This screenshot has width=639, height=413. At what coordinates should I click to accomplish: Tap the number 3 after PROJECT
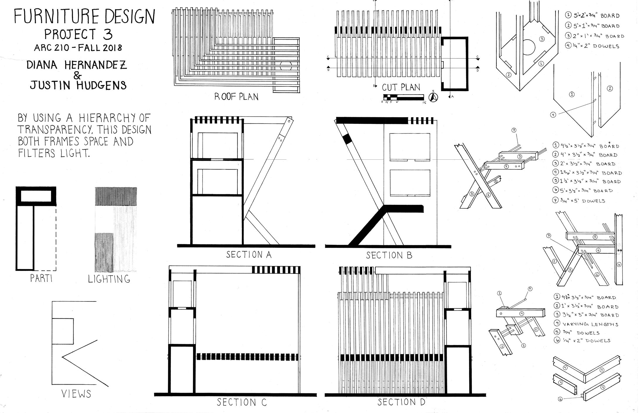[108, 35]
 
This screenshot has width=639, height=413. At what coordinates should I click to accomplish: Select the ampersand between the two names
[77, 76]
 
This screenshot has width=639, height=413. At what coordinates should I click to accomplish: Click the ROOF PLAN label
[236, 97]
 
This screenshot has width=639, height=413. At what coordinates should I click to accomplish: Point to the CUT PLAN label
[401, 87]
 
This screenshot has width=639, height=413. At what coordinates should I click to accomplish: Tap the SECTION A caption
[249, 255]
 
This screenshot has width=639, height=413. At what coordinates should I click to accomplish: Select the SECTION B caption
[389, 255]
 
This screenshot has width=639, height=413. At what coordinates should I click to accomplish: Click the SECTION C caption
[242, 402]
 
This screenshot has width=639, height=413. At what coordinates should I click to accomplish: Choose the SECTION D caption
[401, 402]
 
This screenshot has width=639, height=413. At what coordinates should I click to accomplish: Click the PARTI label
[41, 278]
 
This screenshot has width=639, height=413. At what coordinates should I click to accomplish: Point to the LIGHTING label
[109, 279]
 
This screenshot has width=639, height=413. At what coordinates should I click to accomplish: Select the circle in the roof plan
[286, 66]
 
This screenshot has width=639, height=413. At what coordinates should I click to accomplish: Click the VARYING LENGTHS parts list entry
[590, 324]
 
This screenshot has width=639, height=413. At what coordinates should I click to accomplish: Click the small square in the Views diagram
[63, 331]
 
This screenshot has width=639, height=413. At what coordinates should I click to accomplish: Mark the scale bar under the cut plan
[403, 97]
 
